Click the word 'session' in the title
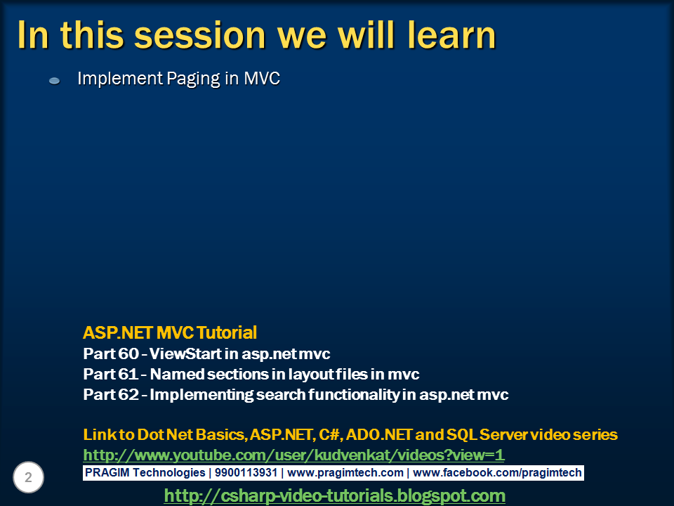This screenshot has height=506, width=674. pos(200,35)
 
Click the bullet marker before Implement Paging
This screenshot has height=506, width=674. pos(55,80)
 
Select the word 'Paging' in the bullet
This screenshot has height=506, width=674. pos(194,79)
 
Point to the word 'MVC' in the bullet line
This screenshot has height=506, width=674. pos(262,78)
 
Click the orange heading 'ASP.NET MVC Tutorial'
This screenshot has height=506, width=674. pos(170,332)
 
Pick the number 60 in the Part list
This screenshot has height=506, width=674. pos(128,353)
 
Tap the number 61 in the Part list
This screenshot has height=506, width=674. pos(128,374)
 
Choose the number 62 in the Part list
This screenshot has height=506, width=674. pos(128,394)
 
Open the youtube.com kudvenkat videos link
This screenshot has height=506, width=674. pos(293,455)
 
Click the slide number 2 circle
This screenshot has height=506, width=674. pos(28,477)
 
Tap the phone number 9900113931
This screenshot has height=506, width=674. pos(246,473)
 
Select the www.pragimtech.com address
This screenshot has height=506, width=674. pos(345,473)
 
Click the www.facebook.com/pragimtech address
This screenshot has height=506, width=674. pos(497,473)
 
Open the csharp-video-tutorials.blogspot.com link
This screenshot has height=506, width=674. pos(334,495)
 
